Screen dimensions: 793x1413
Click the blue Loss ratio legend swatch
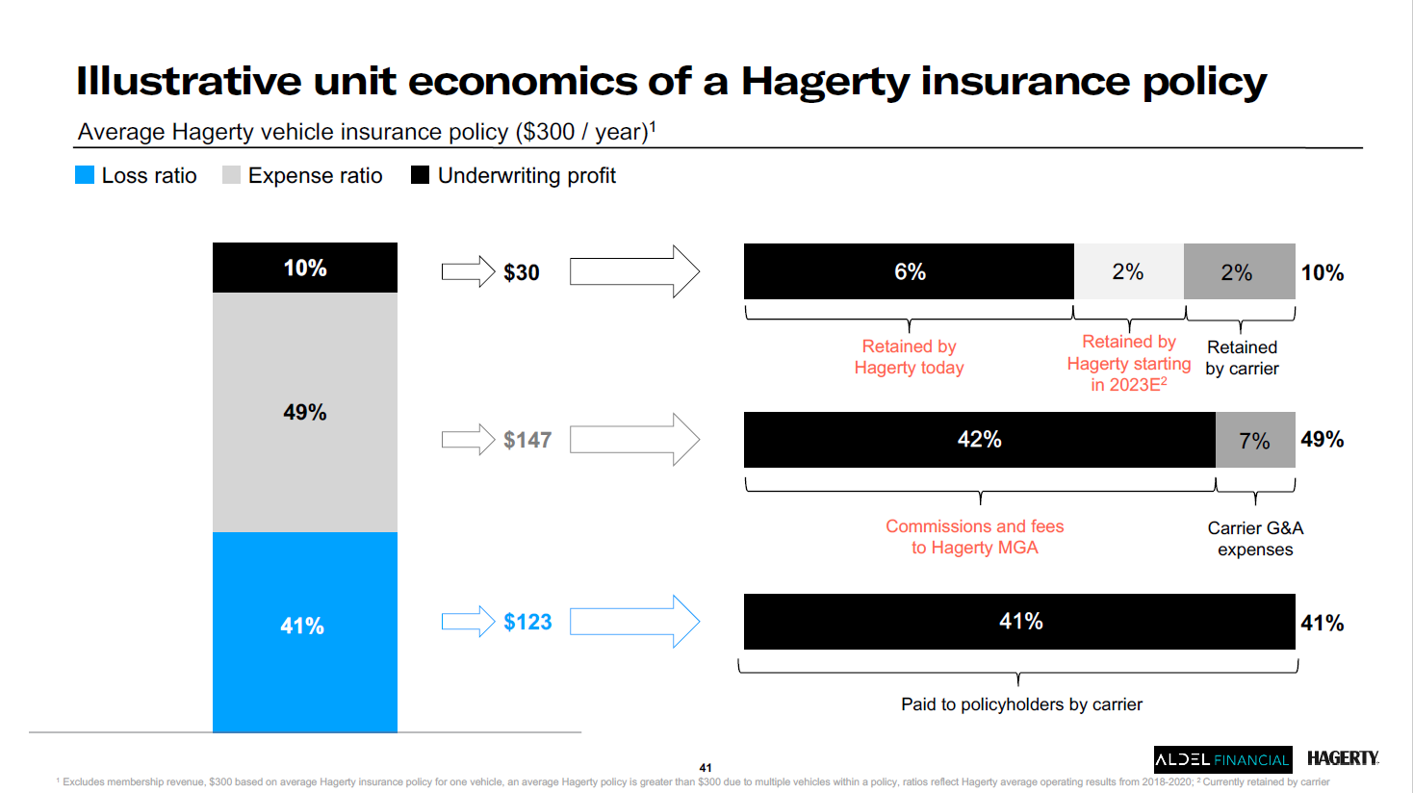[x=85, y=175]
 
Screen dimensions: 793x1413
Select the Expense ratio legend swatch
[x=231, y=175]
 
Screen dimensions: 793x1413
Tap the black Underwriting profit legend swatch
[x=420, y=175]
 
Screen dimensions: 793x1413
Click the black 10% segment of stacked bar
[x=304, y=268]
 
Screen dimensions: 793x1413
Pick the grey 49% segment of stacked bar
[x=304, y=412]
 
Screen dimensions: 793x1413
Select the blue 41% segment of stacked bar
[x=304, y=631]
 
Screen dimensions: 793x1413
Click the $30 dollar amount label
[x=521, y=272]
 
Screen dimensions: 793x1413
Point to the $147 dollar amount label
[x=527, y=440]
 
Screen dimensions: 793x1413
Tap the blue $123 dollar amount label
[x=527, y=622]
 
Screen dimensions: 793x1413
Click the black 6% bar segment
[x=909, y=271]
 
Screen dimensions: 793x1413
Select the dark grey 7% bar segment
[x=1255, y=440]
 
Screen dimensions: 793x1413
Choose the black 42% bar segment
[x=979, y=440]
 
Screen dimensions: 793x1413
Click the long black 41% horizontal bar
[x=1019, y=622]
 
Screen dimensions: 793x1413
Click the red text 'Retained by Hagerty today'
[x=909, y=357]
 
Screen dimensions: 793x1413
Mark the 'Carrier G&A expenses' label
[x=1255, y=539]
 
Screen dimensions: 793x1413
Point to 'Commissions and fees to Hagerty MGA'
[x=974, y=537]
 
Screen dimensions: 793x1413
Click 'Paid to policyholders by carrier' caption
[x=1021, y=704]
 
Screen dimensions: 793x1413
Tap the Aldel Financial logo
[x=1222, y=759]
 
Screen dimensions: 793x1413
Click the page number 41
[x=706, y=768]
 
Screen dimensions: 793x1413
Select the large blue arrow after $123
[x=634, y=622]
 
